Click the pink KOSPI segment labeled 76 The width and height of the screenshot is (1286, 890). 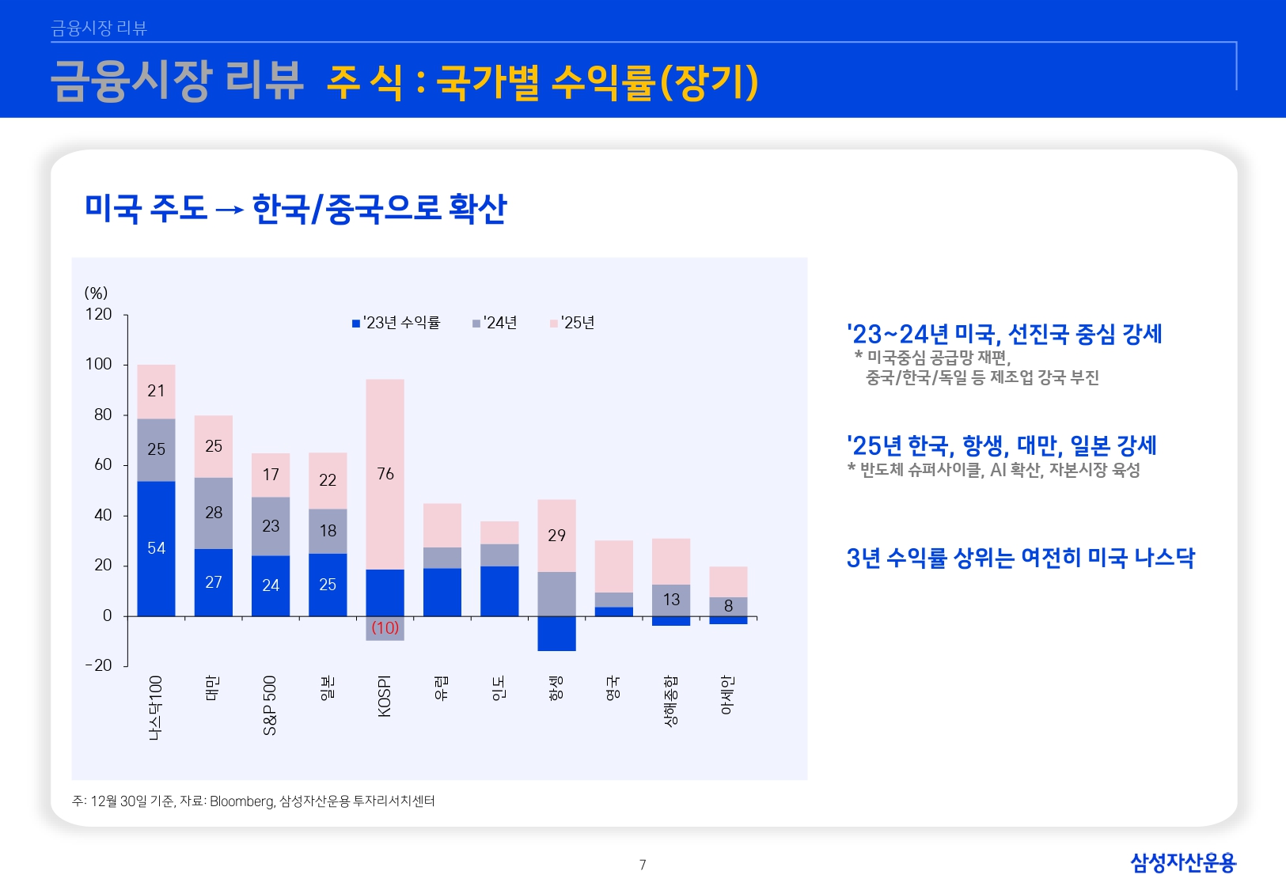click(385, 474)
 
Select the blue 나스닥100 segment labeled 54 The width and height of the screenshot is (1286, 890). click(156, 548)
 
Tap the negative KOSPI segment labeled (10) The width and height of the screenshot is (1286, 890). click(385, 628)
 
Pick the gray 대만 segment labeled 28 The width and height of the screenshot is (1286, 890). click(214, 513)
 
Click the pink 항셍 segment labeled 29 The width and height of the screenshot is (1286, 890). click(556, 536)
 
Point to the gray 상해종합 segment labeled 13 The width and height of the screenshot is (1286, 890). click(671, 600)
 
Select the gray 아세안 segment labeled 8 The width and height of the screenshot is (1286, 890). click(728, 606)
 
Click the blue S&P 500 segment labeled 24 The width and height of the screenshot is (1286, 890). click(271, 585)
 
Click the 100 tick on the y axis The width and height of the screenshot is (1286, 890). click(99, 364)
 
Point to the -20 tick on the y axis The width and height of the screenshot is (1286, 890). click(99, 665)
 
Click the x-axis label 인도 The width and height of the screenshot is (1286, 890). click(499, 688)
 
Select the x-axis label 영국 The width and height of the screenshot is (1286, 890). click(613, 688)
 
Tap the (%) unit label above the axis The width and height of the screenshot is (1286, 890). click(96, 293)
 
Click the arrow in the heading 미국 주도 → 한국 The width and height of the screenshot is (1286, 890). click(230, 210)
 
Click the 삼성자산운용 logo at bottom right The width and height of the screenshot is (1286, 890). click(1182, 862)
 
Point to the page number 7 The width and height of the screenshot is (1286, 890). click(643, 865)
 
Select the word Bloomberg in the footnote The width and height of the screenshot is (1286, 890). click(241, 801)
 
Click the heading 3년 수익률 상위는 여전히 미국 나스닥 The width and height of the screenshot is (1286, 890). click(1020, 558)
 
